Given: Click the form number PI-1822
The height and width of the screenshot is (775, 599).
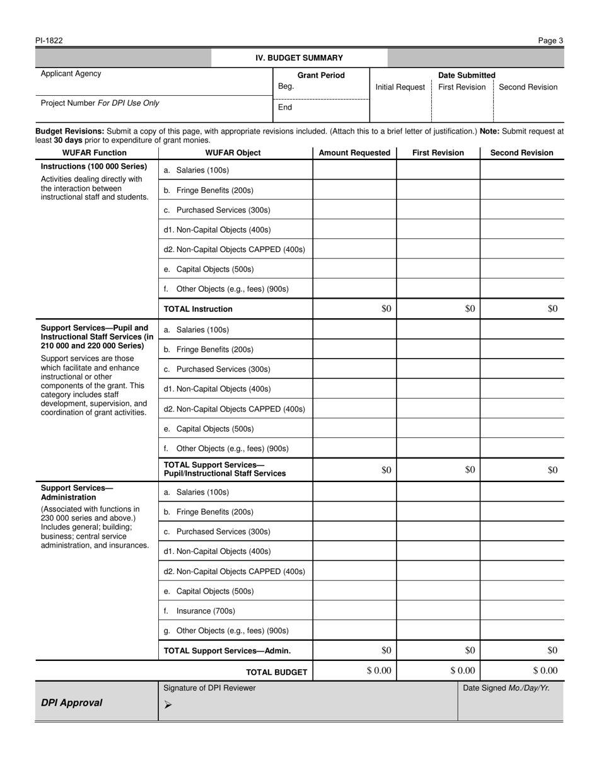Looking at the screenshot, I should [49, 41].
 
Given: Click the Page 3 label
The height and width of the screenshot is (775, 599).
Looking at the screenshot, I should [550, 41].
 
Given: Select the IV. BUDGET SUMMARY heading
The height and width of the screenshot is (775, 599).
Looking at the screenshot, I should [299, 58].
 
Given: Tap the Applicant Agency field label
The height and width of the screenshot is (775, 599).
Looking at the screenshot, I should [71, 74].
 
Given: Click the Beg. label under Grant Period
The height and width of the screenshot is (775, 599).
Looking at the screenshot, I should [286, 87].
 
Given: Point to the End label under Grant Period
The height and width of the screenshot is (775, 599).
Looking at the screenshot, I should [285, 107].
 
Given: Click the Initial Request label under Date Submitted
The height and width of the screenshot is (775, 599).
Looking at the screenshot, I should [400, 87].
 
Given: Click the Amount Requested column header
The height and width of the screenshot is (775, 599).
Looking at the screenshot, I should [354, 152].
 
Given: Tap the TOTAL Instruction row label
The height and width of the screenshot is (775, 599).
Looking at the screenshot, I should [198, 309].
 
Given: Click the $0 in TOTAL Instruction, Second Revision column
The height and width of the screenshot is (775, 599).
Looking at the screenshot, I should [552, 309].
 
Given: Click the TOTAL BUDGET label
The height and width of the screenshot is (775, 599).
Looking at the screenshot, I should [276, 672].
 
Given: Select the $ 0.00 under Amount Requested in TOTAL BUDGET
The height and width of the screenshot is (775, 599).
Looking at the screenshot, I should [378, 671].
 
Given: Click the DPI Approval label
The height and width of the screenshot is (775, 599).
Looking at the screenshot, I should [71, 703].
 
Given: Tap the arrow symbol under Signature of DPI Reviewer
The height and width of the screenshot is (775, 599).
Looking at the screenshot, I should [168, 705].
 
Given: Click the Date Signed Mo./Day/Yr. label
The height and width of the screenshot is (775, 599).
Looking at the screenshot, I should [506, 688].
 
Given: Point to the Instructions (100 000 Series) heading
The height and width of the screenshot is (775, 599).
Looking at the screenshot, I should [93, 166].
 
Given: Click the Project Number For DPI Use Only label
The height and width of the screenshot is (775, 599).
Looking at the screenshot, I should [100, 103].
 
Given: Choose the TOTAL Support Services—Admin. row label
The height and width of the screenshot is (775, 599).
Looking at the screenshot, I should [227, 651].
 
